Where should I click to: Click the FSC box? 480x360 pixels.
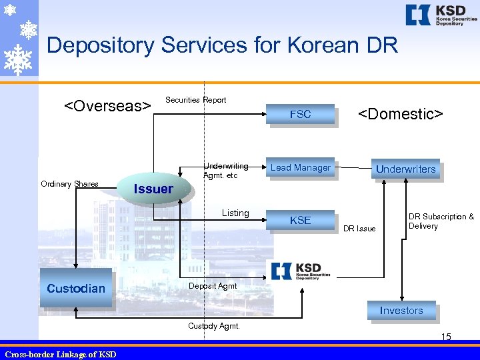[300, 114]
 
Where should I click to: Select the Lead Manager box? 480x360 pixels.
[300, 168]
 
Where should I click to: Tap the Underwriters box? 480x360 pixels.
[405, 169]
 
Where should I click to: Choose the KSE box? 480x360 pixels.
[300, 220]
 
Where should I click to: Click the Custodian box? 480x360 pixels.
[76, 288]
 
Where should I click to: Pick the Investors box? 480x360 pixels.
[401, 311]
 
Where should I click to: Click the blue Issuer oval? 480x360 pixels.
[153, 189]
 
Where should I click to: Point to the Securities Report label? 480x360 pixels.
[195, 100]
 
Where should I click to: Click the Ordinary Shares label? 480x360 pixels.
[69, 184]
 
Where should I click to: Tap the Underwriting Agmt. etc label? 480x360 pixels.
[226, 171]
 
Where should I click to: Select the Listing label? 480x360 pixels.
[235, 213]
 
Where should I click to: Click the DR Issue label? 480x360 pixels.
[359, 229]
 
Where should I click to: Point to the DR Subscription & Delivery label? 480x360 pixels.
[441, 221]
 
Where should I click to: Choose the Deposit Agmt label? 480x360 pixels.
[213, 286]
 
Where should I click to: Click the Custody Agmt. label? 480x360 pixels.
[213, 326]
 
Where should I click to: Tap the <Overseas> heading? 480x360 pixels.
[107, 106]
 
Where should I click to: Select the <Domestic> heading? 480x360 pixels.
[401, 114]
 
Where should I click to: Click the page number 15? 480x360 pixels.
[446, 337]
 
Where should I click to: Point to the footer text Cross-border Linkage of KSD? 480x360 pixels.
[60, 354]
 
